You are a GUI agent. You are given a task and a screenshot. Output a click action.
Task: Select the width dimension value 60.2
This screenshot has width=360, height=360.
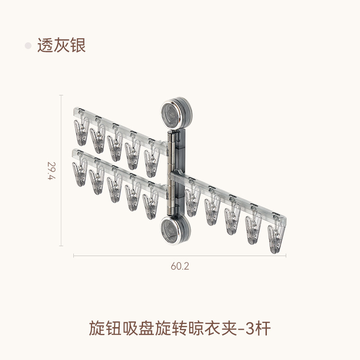point(180,266)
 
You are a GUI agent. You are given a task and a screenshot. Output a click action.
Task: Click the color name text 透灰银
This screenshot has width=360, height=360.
point(61,45)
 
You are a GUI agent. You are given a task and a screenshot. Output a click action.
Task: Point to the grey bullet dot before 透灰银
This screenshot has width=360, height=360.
point(28,45)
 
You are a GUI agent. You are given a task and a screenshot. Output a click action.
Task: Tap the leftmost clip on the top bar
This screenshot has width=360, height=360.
point(81,132)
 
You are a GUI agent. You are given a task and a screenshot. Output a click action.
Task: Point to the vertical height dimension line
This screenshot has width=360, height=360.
point(62,171)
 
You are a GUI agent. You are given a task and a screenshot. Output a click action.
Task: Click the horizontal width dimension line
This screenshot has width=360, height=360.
point(180,256)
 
